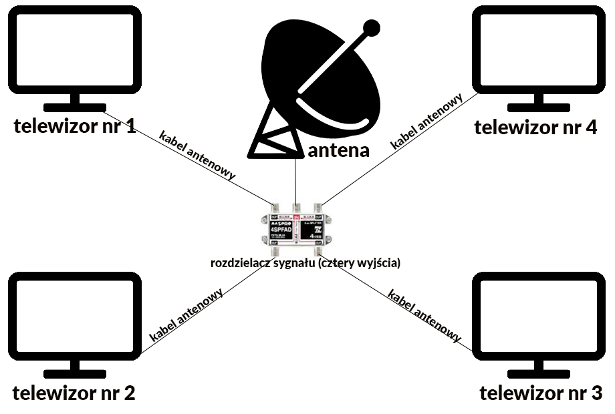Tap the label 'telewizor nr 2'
[74, 393]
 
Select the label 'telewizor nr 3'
[541, 393]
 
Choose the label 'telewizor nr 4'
[535, 127]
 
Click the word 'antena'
[339, 150]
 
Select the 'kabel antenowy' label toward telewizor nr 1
[198, 155]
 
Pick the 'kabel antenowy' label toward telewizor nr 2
[187, 314]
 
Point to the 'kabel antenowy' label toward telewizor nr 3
[424, 315]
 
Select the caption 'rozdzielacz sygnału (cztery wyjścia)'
[305, 263]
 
